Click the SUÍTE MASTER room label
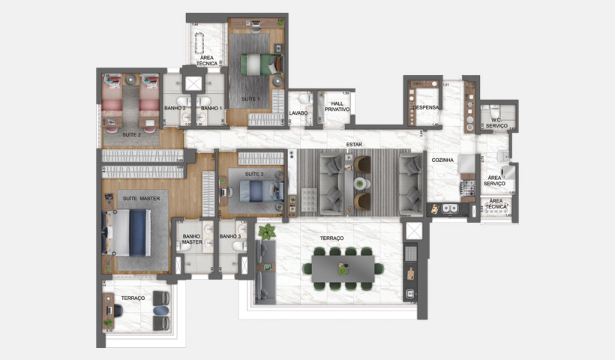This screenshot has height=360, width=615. click(139, 198)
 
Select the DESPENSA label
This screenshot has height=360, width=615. click(424, 106)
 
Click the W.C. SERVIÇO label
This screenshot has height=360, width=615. click(496, 123)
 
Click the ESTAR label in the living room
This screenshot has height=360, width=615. click(355, 144)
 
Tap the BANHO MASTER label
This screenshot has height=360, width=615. click(192, 238)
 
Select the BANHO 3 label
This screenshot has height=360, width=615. click(229, 236)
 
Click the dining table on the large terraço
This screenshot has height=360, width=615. click(343, 266)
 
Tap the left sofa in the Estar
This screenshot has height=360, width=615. click(330, 184)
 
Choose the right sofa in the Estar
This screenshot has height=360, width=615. click(410, 183)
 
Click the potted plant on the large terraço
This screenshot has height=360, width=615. click(265, 233)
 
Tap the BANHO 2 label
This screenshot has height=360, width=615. click(175, 108)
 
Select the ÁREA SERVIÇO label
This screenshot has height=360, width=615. click(494, 180)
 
